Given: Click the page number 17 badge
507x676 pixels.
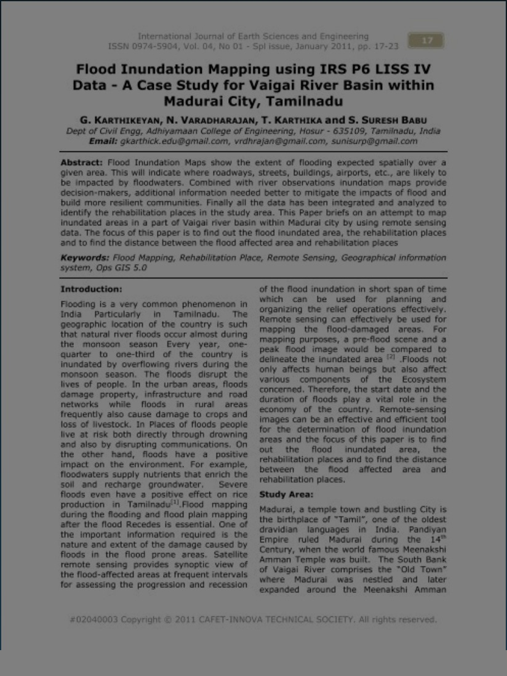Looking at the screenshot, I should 426,41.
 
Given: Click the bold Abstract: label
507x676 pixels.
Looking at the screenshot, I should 82,163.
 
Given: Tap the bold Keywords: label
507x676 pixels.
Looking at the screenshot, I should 86,257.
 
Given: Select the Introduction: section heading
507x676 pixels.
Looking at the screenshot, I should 91,289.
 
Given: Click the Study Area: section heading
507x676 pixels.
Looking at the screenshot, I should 286,494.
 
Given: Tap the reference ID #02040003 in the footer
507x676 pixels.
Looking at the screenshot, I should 93,619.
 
